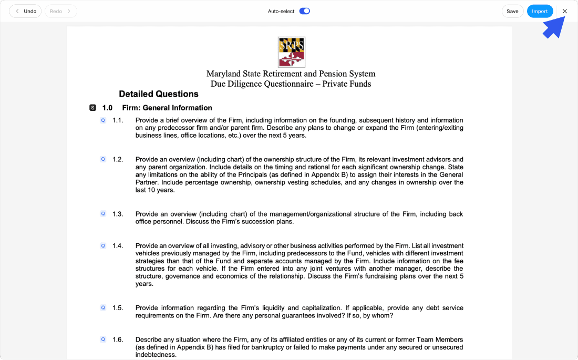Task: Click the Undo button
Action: (x=25, y=11)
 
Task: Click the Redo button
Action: (x=60, y=11)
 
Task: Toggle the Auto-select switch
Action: (x=304, y=11)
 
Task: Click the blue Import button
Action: (x=540, y=11)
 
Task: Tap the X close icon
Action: (x=565, y=11)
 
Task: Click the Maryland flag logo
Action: (x=291, y=52)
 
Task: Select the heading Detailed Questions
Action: (x=159, y=94)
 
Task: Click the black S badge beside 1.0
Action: (x=93, y=108)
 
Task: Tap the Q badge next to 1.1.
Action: (x=103, y=120)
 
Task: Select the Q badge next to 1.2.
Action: (x=103, y=159)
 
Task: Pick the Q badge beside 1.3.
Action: (x=103, y=214)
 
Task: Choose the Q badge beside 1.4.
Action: (x=103, y=245)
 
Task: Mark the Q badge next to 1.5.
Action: (x=103, y=307)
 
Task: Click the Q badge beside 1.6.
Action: (x=103, y=340)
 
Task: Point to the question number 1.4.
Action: (x=118, y=245)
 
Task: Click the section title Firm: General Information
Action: (x=167, y=108)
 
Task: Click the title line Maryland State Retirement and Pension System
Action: (x=291, y=74)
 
